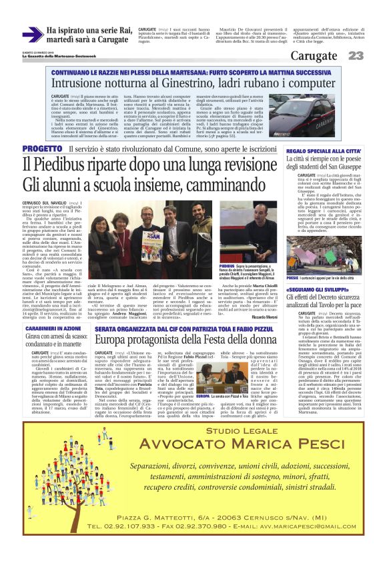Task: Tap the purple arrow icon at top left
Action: [x=33, y=34]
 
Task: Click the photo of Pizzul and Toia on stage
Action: [x=243, y=386]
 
